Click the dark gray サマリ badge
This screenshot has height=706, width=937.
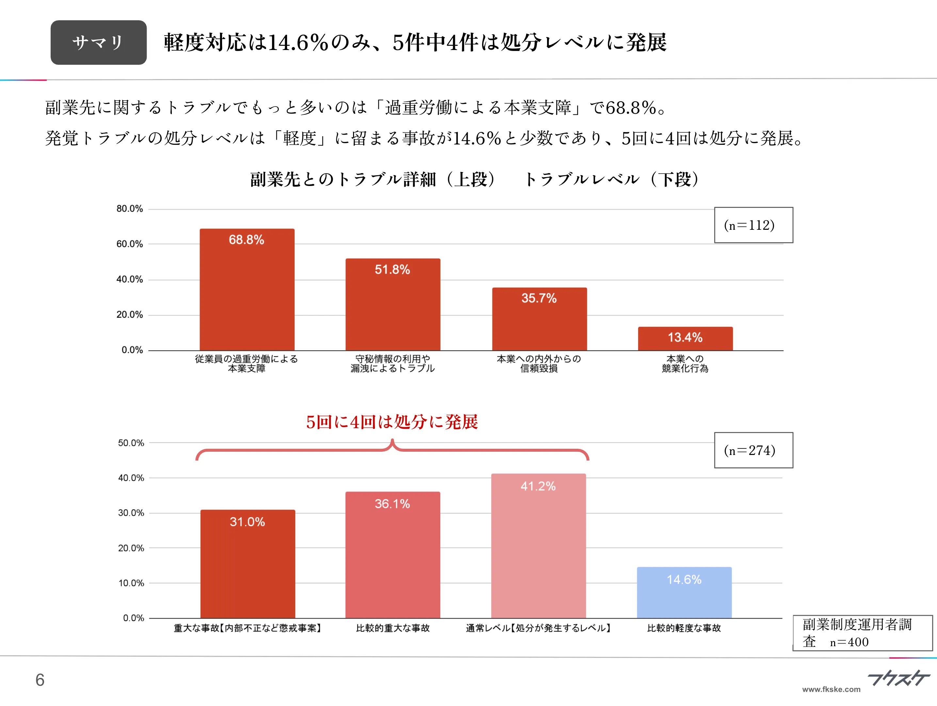click(x=98, y=42)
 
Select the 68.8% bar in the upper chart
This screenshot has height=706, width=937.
click(x=247, y=293)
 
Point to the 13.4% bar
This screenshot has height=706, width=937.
click(x=685, y=339)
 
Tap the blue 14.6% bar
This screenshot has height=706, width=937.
click(x=684, y=594)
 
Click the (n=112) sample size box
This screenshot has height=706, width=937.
click(x=753, y=225)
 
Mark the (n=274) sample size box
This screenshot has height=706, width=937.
click(x=753, y=450)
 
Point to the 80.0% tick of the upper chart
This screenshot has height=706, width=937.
click(x=129, y=209)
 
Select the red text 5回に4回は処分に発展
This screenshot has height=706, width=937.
click(x=392, y=422)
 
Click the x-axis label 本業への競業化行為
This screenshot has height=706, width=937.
click(x=685, y=364)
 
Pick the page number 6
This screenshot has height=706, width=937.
click(x=40, y=680)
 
